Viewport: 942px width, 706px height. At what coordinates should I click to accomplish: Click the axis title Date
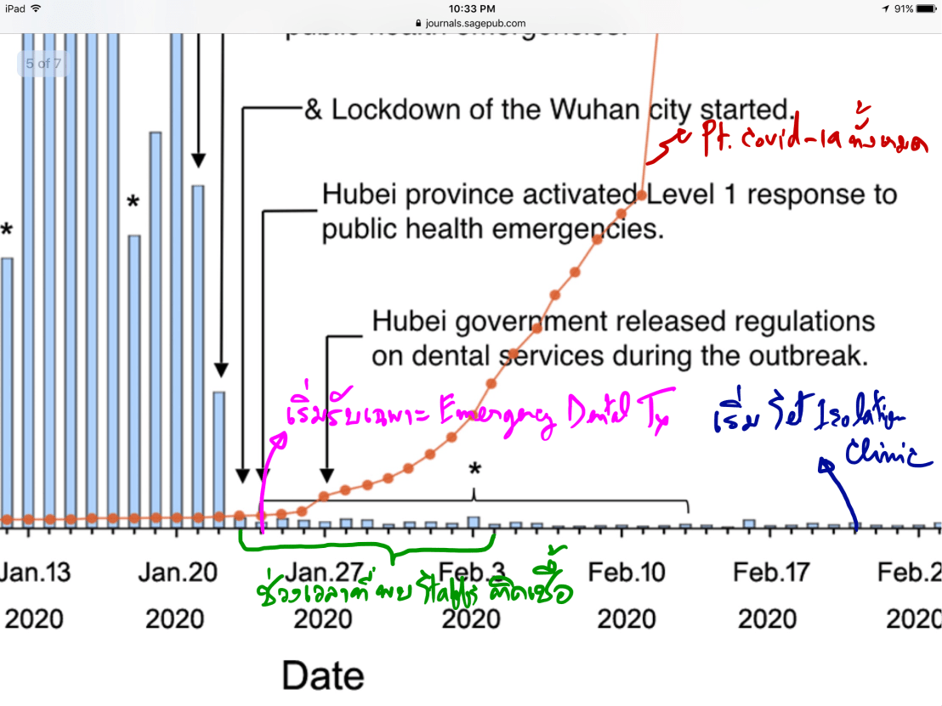(x=322, y=676)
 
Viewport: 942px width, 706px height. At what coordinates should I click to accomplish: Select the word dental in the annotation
(x=459, y=356)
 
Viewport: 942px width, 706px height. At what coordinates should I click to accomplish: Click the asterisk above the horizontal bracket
(x=474, y=470)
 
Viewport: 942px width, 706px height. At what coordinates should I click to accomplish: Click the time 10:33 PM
(x=471, y=8)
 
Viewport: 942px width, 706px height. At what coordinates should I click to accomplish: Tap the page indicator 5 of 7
(x=43, y=64)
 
